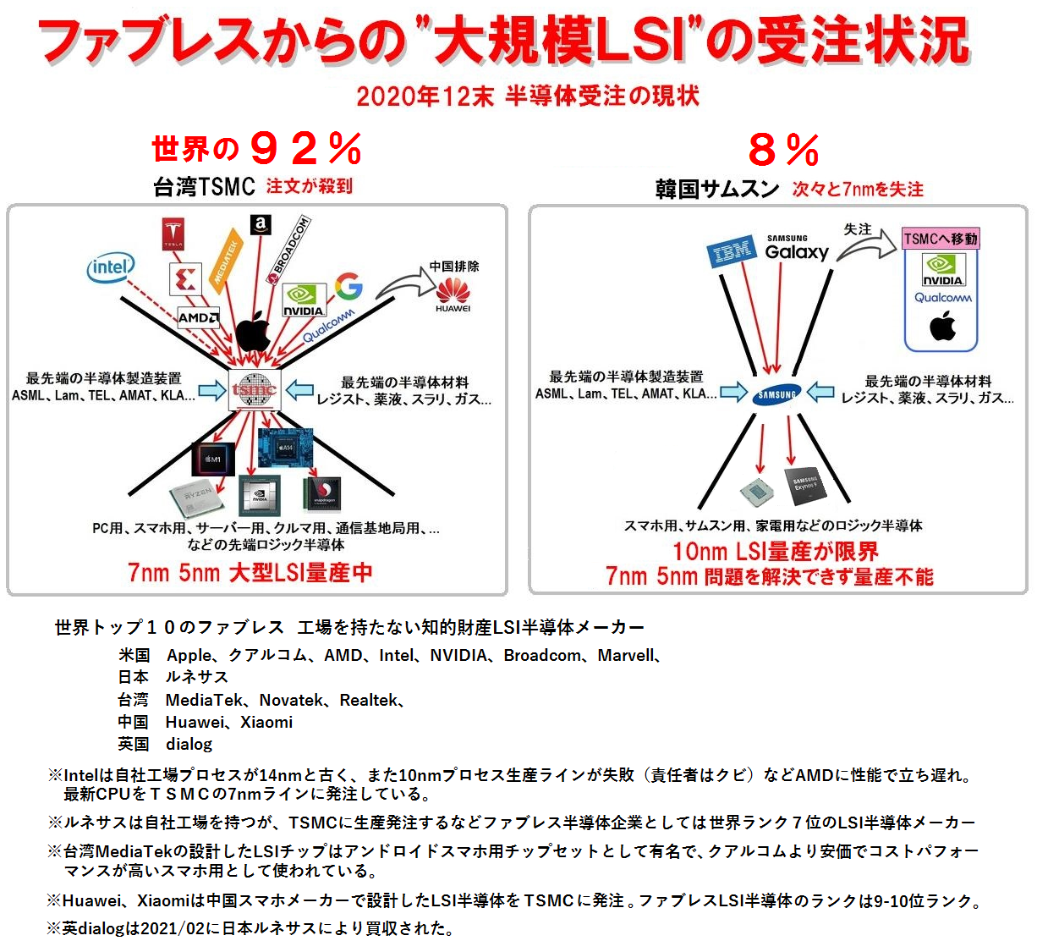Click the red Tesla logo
tap(173, 233)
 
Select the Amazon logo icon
tap(261, 225)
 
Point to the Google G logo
tap(348, 287)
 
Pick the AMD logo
tap(198, 318)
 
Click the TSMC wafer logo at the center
tap(255, 391)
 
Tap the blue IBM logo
tap(732, 252)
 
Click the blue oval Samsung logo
tap(776, 394)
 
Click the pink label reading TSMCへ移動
tap(941, 239)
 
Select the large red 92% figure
tap(305, 150)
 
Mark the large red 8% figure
tap(783, 151)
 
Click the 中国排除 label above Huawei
tap(454, 266)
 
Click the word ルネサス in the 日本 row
tap(196, 677)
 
